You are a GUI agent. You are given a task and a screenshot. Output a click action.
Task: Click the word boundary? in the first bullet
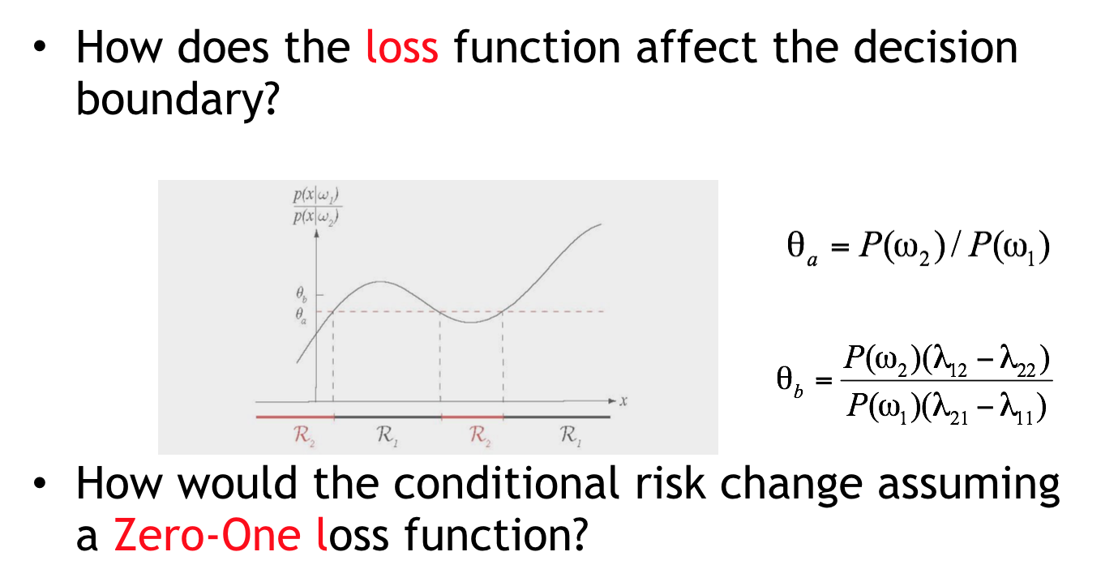[x=178, y=100]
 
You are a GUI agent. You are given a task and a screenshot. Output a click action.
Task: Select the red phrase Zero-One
[x=208, y=535]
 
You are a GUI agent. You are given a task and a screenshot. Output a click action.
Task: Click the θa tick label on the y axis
[x=302, y=312]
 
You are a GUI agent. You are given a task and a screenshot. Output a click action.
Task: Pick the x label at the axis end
[x=624, y=400]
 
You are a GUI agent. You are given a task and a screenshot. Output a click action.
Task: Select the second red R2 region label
[x=474, y=438]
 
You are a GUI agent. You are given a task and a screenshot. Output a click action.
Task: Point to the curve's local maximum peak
[x=381, y=282]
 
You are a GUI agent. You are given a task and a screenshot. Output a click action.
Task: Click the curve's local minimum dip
[x=473, y=322]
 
